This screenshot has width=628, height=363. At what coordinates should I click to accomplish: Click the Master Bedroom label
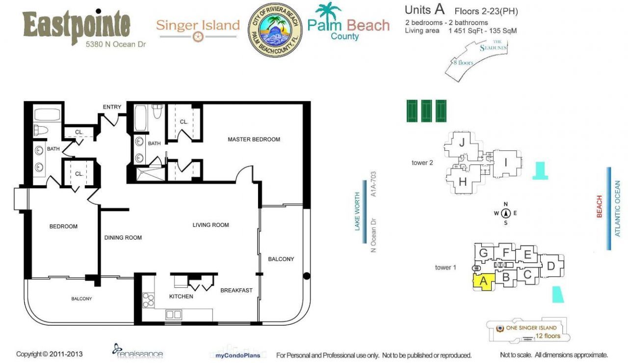coord(254,140)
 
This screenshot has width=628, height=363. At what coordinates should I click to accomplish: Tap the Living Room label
coord(210,225)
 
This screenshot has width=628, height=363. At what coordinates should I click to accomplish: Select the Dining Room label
coord(123,238)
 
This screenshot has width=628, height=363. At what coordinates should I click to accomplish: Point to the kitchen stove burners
coord(148,300)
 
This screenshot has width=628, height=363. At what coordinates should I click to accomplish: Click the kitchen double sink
coord(174,314)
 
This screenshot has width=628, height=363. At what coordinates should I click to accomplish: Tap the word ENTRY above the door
coord(112,107)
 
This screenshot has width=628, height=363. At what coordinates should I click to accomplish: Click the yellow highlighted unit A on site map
coord(482,282)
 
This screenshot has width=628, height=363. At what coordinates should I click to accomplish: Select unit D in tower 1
coord(551,266)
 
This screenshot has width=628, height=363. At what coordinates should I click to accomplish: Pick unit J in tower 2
coord(461,143)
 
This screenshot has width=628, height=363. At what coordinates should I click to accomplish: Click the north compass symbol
coord(506,213)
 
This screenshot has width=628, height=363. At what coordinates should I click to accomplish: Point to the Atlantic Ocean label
coord(618,209)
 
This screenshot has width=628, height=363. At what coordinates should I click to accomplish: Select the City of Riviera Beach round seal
coord(275,30)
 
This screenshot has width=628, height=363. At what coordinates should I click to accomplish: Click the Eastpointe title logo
coord(77,25)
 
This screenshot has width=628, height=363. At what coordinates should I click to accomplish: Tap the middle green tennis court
coord(426,111)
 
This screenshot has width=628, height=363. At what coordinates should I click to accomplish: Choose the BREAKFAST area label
coord(236,290)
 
